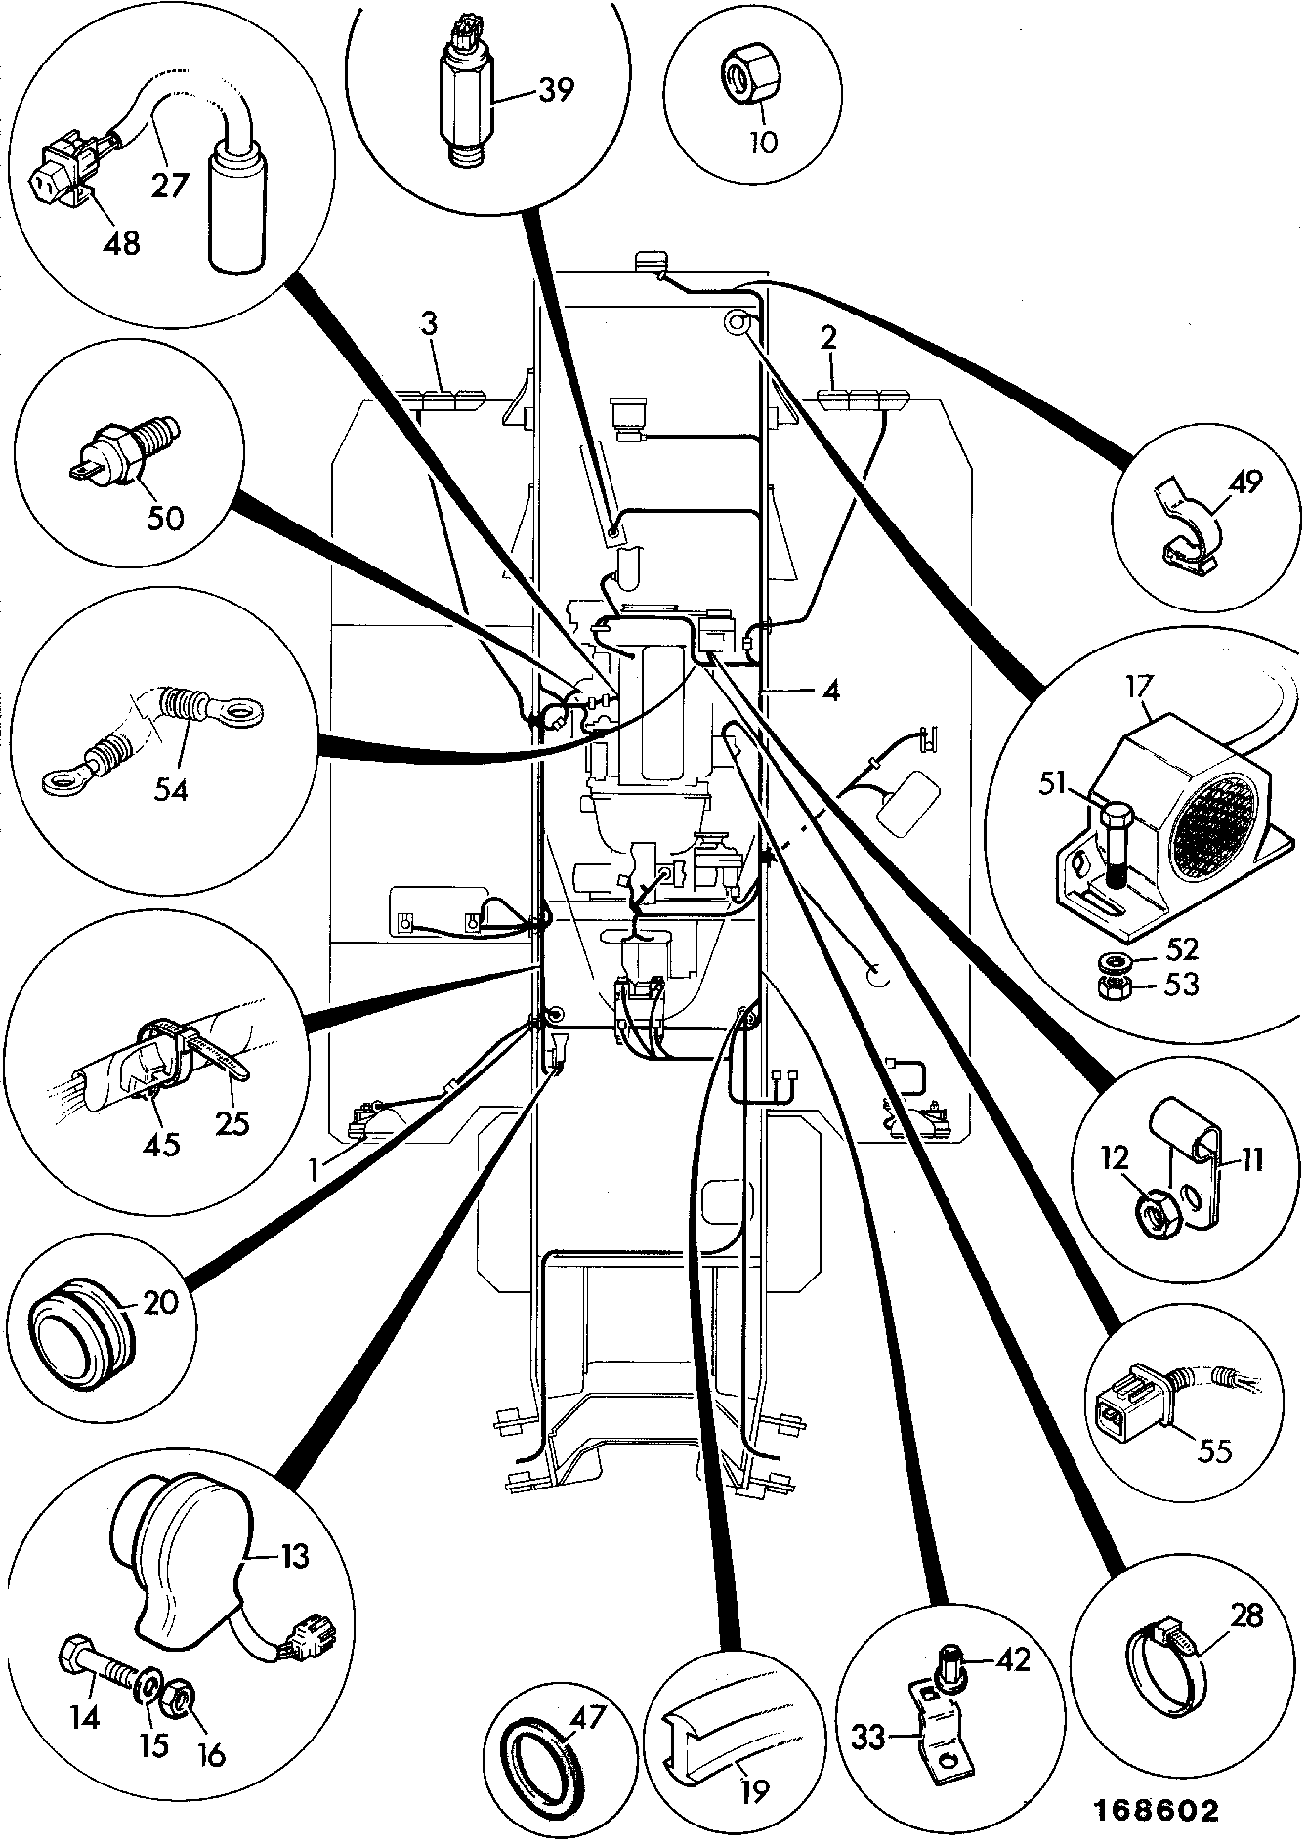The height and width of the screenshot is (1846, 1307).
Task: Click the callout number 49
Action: [1246, 482]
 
